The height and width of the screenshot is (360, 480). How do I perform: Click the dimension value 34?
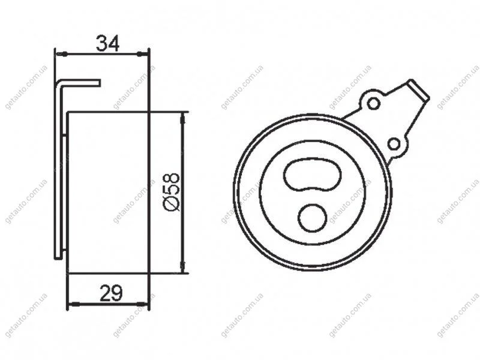click(107, 43)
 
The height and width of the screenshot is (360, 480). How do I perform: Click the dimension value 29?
click(111, 293)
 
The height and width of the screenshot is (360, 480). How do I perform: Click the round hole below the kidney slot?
click(312, 218)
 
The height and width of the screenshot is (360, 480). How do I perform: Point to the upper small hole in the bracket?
click(373, 103)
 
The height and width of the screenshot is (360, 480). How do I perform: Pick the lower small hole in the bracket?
click(394, 144)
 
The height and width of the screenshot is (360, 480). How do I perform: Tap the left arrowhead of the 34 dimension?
click(61, 54)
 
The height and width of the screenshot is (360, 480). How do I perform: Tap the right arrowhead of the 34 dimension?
click(142, 54)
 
